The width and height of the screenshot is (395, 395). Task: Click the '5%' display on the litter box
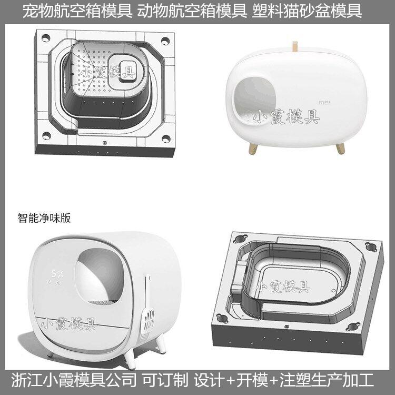[57, 273]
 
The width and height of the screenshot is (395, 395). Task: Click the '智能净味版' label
[44, 218]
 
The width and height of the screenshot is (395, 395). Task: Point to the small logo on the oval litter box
[325, 103]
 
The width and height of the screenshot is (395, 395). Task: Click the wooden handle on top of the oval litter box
[294, 47]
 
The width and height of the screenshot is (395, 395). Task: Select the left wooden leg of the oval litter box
[253, 149]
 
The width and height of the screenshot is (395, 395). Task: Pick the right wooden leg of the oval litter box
[340, 148]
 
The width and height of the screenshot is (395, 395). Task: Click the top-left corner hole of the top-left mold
[46, 38]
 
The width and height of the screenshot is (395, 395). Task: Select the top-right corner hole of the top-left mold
[165, 41]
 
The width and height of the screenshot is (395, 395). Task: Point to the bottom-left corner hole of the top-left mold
[46, 136]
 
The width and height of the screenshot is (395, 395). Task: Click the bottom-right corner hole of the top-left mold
[166, 139]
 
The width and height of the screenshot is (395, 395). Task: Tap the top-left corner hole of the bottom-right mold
[240, 238]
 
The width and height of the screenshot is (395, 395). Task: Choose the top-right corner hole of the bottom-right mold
[371, 246]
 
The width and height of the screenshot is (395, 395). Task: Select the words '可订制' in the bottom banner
[165, 380]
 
